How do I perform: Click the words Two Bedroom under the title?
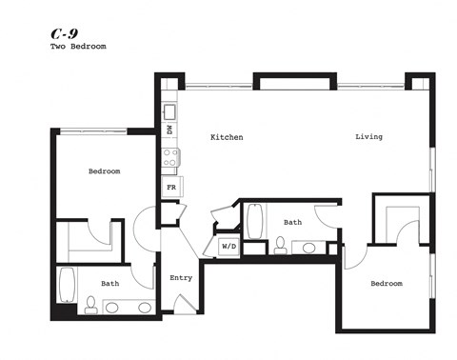[78, 47]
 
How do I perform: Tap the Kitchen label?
[227, 137]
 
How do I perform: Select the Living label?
[368, 137]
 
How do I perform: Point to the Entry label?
[181, 278]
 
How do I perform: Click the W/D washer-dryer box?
[228, 247]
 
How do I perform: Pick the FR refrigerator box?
[171, 188]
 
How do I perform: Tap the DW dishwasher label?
[169, 130]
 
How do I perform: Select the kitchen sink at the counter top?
[169, 110]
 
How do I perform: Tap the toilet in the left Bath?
[90, 305]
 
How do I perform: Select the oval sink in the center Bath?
[309, 249]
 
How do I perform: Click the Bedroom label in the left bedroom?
[104, 171]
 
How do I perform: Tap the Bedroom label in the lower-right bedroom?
[386, 283]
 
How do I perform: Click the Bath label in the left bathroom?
[110, 283]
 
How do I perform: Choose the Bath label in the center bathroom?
[292, 223]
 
